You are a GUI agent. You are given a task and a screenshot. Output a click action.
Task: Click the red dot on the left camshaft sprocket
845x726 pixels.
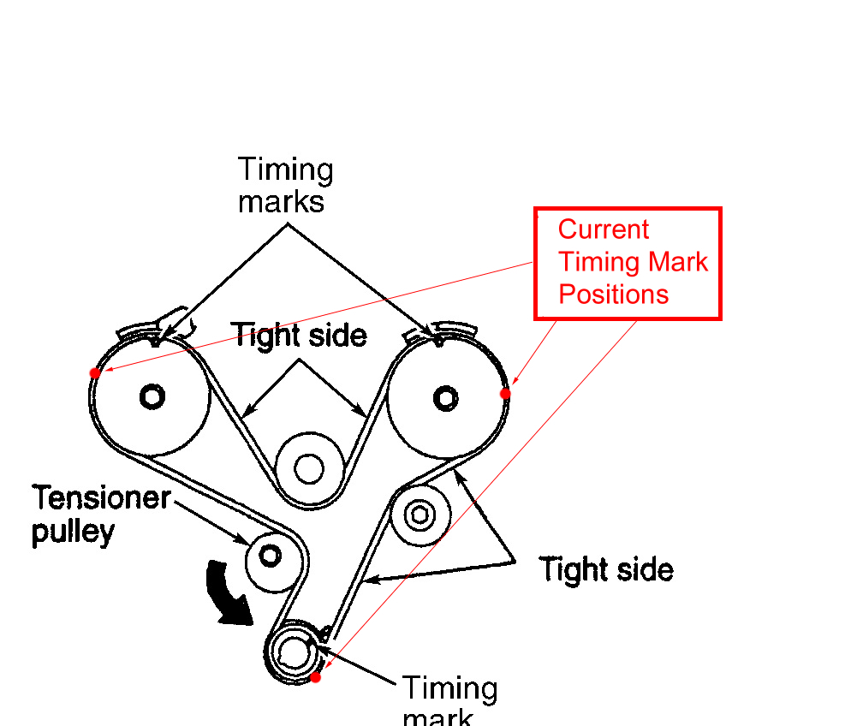[95, 372]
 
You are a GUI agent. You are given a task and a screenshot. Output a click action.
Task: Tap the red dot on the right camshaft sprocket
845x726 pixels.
[505, 393]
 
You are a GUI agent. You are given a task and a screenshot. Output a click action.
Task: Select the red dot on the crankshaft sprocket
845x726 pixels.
[315, 677]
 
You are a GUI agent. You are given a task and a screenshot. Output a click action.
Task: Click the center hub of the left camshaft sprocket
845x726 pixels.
[152, 396]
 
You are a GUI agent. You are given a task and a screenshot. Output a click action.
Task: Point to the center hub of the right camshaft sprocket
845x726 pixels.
[445, 397]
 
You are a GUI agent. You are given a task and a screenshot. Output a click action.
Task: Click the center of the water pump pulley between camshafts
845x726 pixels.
[307, 468]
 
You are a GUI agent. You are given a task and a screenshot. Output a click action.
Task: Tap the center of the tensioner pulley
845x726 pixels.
[271, 556]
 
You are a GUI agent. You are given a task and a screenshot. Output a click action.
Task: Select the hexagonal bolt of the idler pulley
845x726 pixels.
[420, 515]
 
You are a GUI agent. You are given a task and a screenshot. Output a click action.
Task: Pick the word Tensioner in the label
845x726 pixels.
[102, 497]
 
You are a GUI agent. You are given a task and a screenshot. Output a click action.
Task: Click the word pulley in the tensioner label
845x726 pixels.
[73, 532]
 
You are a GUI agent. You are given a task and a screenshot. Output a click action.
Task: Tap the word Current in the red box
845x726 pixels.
[604, 229]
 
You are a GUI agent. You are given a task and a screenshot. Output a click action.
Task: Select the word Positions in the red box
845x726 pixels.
[613, 295]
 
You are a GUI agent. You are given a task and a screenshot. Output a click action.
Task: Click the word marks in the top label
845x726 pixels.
[281, 203]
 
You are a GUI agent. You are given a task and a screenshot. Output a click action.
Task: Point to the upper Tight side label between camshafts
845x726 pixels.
[300, 335]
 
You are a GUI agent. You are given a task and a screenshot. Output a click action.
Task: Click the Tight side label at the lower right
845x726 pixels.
[606, 569]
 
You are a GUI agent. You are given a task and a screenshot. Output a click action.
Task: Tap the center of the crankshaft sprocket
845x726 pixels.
[293, 653]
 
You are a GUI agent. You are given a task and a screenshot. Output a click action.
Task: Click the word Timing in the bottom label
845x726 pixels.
[449, 687]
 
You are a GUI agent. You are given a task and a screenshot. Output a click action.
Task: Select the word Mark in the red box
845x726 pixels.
[681, 262]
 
